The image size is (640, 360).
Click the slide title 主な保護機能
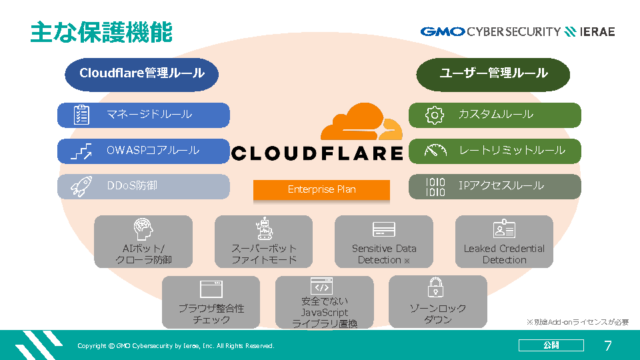101,31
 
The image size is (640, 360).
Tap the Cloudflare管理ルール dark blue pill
141,73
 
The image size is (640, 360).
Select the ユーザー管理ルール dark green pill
493,73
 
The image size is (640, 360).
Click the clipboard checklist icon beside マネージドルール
81,115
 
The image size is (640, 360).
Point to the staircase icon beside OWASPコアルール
81,151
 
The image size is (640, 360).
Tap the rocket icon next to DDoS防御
81,187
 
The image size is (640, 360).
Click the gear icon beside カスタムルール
435,115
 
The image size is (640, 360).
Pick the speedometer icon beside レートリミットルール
435,151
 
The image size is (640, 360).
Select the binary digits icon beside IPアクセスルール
435,187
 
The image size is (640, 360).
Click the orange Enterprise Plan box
321,189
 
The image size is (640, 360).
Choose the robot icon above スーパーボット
264,229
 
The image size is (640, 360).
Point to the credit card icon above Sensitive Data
384,229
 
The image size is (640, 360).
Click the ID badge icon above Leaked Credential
504,229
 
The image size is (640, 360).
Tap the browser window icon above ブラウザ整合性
211,289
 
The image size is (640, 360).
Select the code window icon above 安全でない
321,286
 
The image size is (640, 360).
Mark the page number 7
607,345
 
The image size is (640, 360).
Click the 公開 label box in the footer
551,345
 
